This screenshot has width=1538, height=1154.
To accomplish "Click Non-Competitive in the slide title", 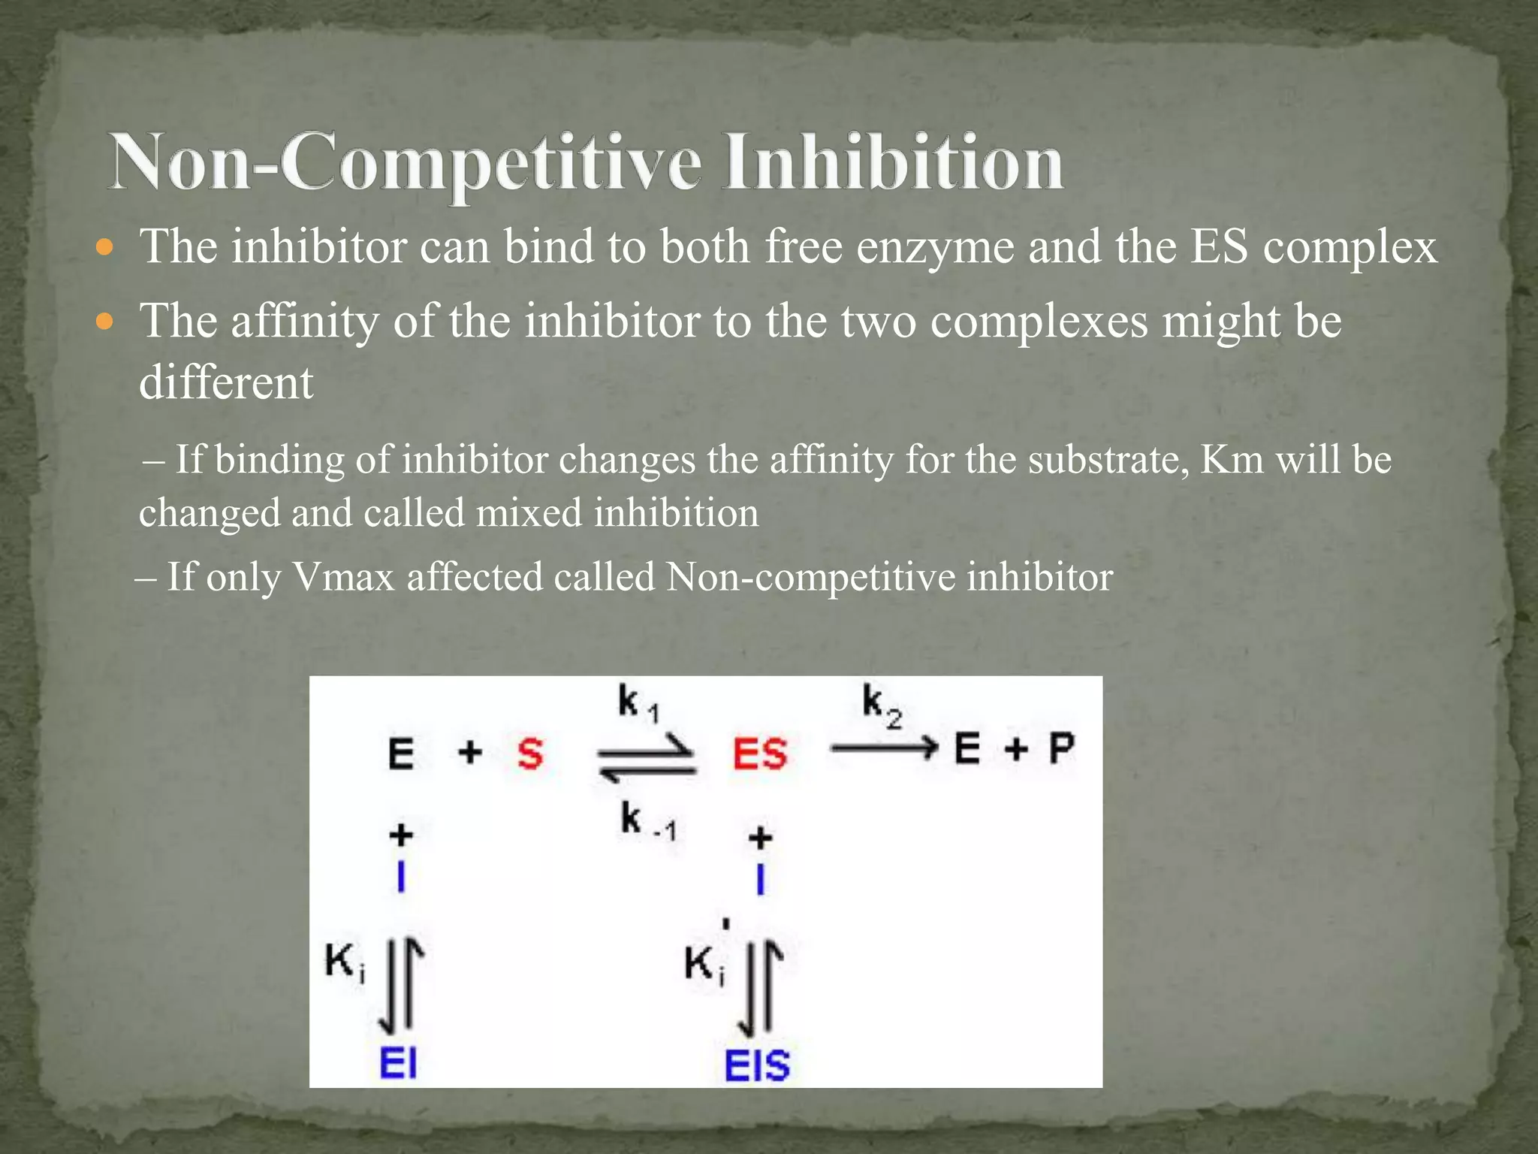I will [406, 162].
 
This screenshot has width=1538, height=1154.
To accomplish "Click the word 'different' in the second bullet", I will [226, 382].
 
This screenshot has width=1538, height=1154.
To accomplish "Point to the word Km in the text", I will [1232, 460].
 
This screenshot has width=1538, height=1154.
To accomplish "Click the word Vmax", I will [342, 577].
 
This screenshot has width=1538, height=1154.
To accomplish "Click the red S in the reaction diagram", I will [530, 753].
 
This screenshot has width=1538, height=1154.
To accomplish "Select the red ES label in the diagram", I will [760, 754].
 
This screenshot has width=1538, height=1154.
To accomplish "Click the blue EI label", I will [398, 1063].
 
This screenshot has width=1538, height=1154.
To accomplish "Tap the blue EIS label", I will [757, 1065].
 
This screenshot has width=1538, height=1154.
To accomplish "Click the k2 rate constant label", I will [881, 705].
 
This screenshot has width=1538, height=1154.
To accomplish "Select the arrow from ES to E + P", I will [884, 748].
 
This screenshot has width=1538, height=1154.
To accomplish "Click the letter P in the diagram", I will [1060, 749].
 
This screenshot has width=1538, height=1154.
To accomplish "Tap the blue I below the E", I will [401, 877].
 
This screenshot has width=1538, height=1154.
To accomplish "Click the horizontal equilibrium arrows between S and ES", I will [647, 758].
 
